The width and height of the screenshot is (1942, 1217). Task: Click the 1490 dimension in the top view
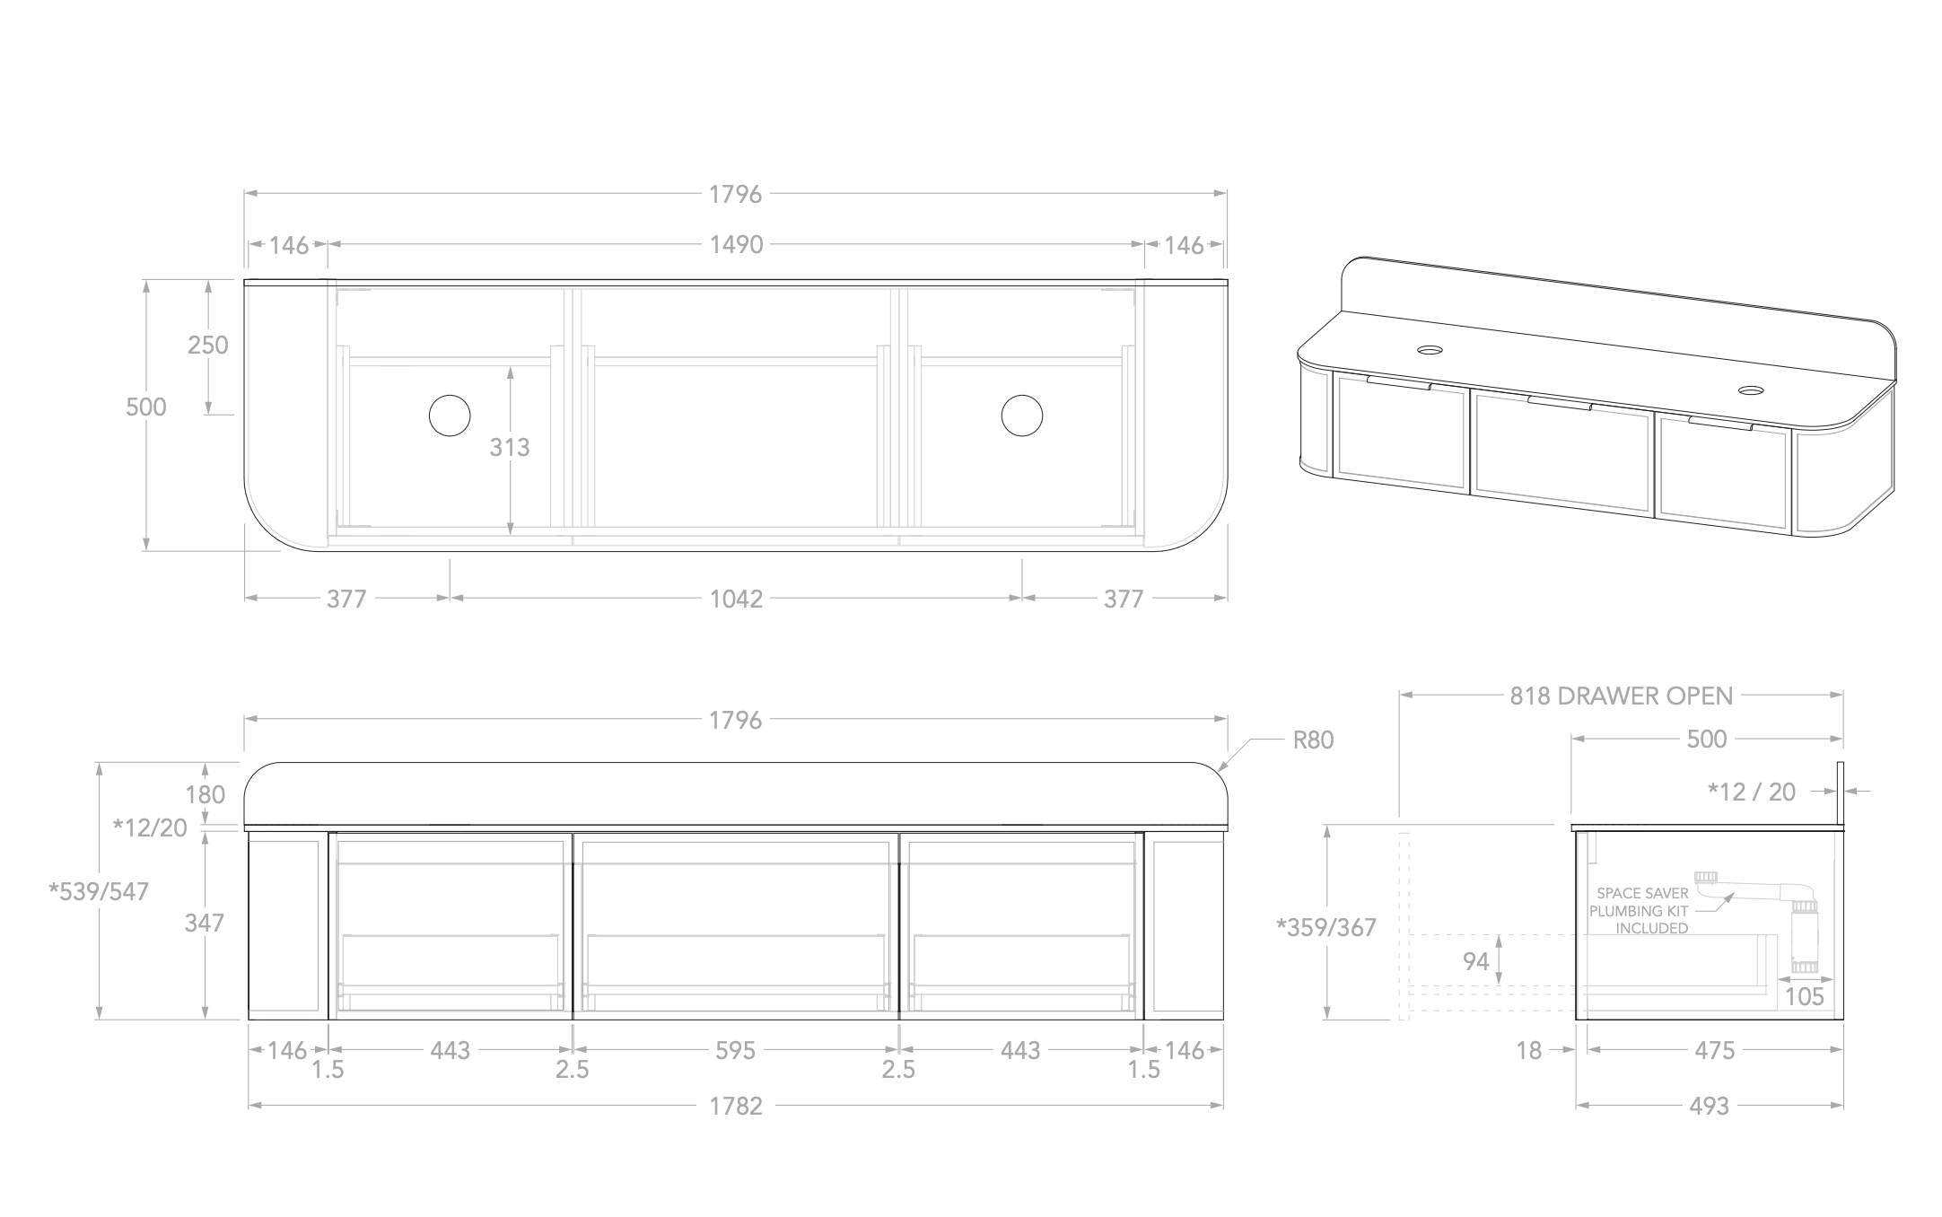pyautogui.click(x=736, y=244)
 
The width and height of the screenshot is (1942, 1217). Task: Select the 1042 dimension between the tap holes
pyautogui.click(x=736, y=599)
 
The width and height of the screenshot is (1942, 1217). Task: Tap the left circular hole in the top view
pyautogui.click(x=450, y=416)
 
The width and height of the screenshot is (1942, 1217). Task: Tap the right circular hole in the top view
pyautogui.click(x=1022, y=416)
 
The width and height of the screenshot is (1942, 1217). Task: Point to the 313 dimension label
pyautogui.click(x=510, y=447)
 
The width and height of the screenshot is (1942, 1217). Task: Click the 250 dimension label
pyautogui.click(x=208, y=345)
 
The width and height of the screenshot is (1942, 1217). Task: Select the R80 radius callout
pyautogui.click(x=1313, y=740)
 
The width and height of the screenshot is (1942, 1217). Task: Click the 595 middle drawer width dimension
pyautogui.click(x=736, y=1050)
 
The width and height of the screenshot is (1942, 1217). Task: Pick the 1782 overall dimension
pyautogui.click(x=736, y=1107)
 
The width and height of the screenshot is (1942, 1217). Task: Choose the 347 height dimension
pyautogui.click(x=204, y=923)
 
